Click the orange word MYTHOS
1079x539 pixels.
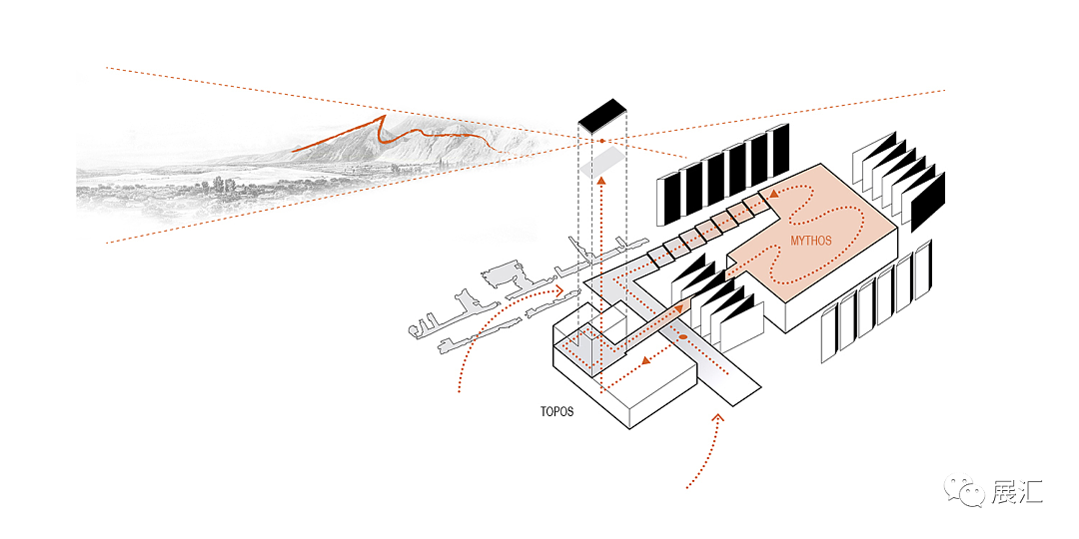(x=811, y=240)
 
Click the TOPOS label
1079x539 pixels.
(x=555, y=411)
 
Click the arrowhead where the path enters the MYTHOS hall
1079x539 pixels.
(x=771, y=196)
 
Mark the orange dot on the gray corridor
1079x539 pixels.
(x=682, y=338)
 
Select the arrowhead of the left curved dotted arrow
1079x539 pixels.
(x=560, y=291)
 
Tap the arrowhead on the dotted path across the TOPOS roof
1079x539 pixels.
(x=645, y=360)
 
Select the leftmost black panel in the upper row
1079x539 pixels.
(x=667, y=199)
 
